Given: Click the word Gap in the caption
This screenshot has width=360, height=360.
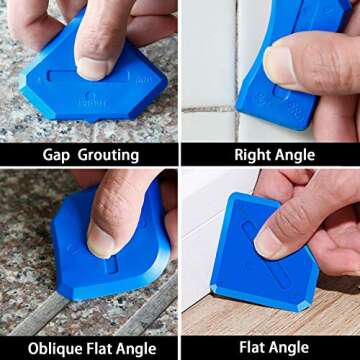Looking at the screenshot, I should coord(57,155).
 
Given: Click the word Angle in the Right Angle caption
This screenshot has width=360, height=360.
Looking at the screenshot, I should coord(295,155).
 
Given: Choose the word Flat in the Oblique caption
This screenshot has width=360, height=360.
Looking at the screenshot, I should coord(96,349).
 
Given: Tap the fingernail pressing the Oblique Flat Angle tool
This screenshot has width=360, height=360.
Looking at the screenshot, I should coord(100,240).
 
